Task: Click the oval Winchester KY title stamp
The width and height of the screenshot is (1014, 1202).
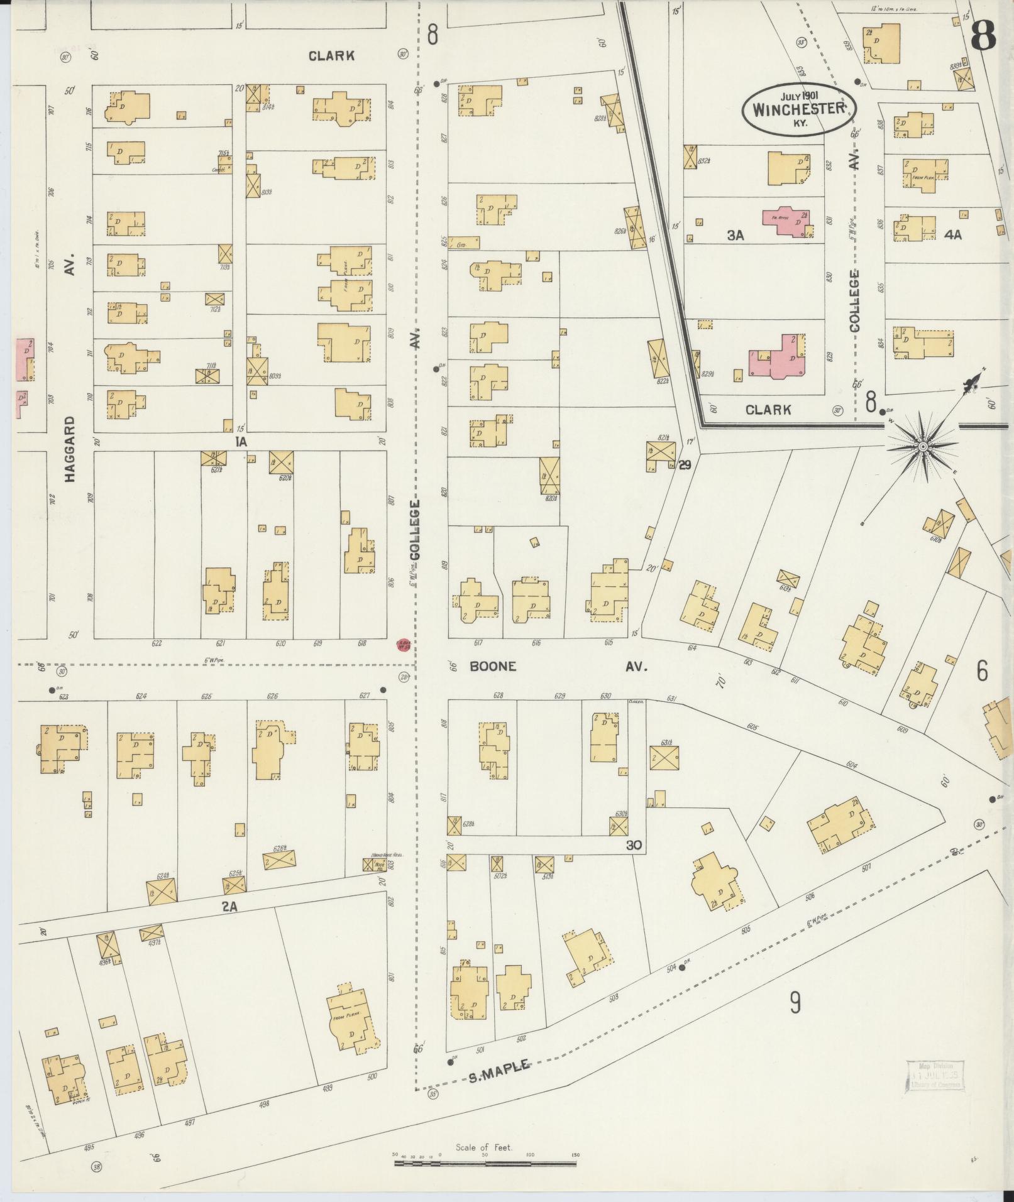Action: [798, 109]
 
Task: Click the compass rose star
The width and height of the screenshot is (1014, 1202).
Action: [923, 446]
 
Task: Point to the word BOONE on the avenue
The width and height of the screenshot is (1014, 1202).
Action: [493, 667]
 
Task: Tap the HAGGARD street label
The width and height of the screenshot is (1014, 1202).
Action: [69, 449]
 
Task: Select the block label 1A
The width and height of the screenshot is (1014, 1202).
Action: [240, 442]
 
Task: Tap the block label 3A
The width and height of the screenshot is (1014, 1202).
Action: [735, 236]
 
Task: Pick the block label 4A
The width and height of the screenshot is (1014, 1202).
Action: [953, 235]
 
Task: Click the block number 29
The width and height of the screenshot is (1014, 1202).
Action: [685, 465]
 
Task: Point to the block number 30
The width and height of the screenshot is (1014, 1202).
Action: [634, 846]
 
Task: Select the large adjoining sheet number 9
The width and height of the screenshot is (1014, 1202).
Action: [795, 1004]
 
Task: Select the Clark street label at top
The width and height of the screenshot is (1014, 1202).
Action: [331, 56]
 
